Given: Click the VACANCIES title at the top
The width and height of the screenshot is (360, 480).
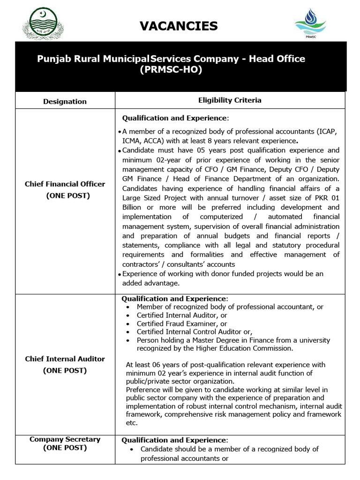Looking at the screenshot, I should (179, 26).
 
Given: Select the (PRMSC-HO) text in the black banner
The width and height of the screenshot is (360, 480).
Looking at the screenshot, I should (171, 70).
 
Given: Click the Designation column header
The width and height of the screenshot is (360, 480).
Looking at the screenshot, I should (65, 101).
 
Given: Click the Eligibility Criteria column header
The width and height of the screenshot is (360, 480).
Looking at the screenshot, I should (230, 100).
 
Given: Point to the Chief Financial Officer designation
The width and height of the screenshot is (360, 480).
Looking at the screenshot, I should (65, 184).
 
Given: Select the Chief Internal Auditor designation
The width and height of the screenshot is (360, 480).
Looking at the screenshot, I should (65, 359).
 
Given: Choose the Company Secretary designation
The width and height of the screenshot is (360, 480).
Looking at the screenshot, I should (65, 440).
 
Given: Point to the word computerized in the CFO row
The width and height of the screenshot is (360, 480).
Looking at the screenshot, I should (221, 217).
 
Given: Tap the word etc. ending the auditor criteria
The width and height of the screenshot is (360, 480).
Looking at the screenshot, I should (132, 423).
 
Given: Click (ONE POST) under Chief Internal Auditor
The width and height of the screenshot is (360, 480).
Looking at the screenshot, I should (65, 370).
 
